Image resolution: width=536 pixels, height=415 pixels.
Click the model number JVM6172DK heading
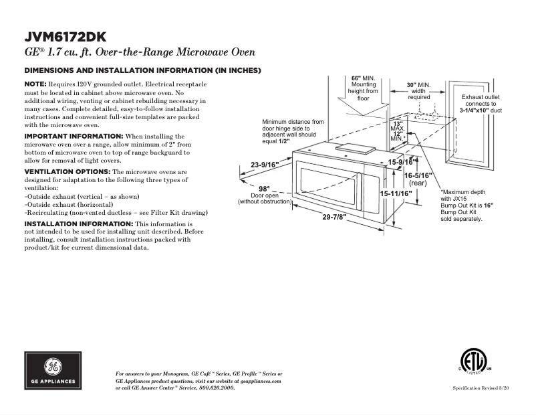pyautogui.click(x=65, y=36)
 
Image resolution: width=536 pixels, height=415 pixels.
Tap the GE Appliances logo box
pyautogui.click(x=53, y=371)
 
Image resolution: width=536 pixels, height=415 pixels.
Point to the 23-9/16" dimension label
pyautogui.click(x=265, y=165)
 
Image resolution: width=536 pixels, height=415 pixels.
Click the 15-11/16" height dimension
pyautogui.click(x=396, y=193)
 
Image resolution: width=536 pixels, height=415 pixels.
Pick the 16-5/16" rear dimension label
pyautogui.click(x=419, y=175)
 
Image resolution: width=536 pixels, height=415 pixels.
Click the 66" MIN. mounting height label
pyautogui.click(x=364, y=78)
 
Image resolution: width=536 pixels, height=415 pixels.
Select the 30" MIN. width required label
pyautogui.click(x=419, y=85)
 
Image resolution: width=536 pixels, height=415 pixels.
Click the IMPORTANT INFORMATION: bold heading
pyautogui.click(x=70, y=136)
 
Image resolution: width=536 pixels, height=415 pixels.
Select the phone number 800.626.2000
pyautogui.click(x=217, y=388)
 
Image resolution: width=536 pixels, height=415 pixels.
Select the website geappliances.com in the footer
pyautogui.click(x=261, y=380)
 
